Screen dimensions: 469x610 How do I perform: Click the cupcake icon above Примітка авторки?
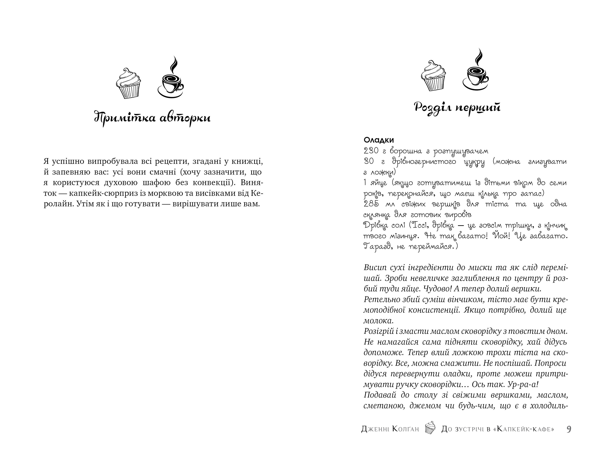point(128,83)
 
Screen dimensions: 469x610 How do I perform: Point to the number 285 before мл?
point(371,204)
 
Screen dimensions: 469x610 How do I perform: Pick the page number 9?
point(569,429)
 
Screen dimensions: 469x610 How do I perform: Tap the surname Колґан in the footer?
point(406,429)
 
